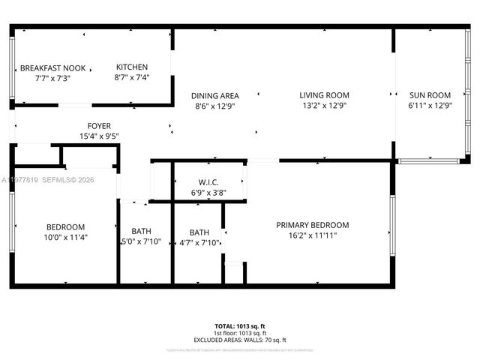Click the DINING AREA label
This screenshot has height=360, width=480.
tap(214, 95)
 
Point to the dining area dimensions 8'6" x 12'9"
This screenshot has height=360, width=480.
tap(214, 106)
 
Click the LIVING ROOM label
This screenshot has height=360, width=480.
tap(324, 95)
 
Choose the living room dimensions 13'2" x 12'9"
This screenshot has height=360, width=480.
tap(324, 106)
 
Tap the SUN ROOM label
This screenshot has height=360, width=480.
tap(430, 95)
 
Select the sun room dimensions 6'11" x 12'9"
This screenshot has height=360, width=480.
tap(430, 106)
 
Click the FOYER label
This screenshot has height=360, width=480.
tap(100, 126)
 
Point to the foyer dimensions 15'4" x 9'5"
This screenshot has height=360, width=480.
tap(100, 136)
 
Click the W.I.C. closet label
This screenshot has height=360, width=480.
tap(208, 182)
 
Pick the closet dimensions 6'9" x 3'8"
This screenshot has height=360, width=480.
tap(208, 193)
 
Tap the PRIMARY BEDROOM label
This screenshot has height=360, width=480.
tap(312, 225)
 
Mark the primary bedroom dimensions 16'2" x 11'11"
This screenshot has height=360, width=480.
tap(312, 235)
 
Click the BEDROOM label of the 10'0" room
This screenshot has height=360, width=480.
tap(66, 226)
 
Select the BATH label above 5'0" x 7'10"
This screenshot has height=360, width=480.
tap(142, 231)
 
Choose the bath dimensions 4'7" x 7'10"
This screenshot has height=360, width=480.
tap(199, 242)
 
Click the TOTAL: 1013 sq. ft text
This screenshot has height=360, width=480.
tap(240, 326)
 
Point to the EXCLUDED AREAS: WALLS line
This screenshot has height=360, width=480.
tap(240, 340)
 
